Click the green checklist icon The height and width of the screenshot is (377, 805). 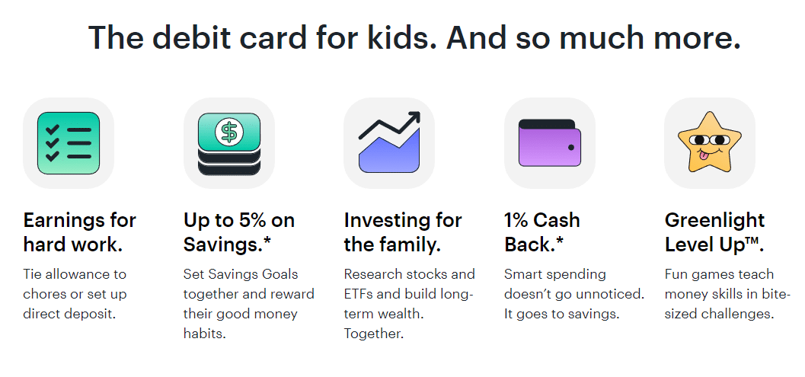pos(69,142)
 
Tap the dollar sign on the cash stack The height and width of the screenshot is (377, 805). pos(228,132)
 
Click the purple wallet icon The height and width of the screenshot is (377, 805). pos(549,142)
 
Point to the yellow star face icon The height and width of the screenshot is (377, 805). pos(709,142)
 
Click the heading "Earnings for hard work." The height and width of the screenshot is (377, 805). pos(79,232)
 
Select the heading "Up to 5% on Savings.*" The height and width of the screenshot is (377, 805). pos(238,232)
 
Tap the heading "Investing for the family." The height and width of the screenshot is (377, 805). pos(402,232)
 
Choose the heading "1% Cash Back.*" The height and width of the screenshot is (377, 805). pos(541,232)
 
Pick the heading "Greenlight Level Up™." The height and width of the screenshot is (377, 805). pos(714,232)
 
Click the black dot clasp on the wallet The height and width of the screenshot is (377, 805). pos(570,147)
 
